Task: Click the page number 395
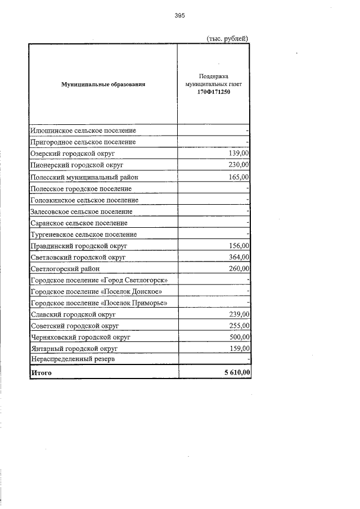click(179, 16)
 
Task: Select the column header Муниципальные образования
click(103, 84)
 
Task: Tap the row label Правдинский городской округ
click(79, 246)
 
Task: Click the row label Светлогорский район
click(66, 269)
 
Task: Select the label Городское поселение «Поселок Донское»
click(97, 292)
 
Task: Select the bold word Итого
click(41, 372)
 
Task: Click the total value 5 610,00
click(234, 372)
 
